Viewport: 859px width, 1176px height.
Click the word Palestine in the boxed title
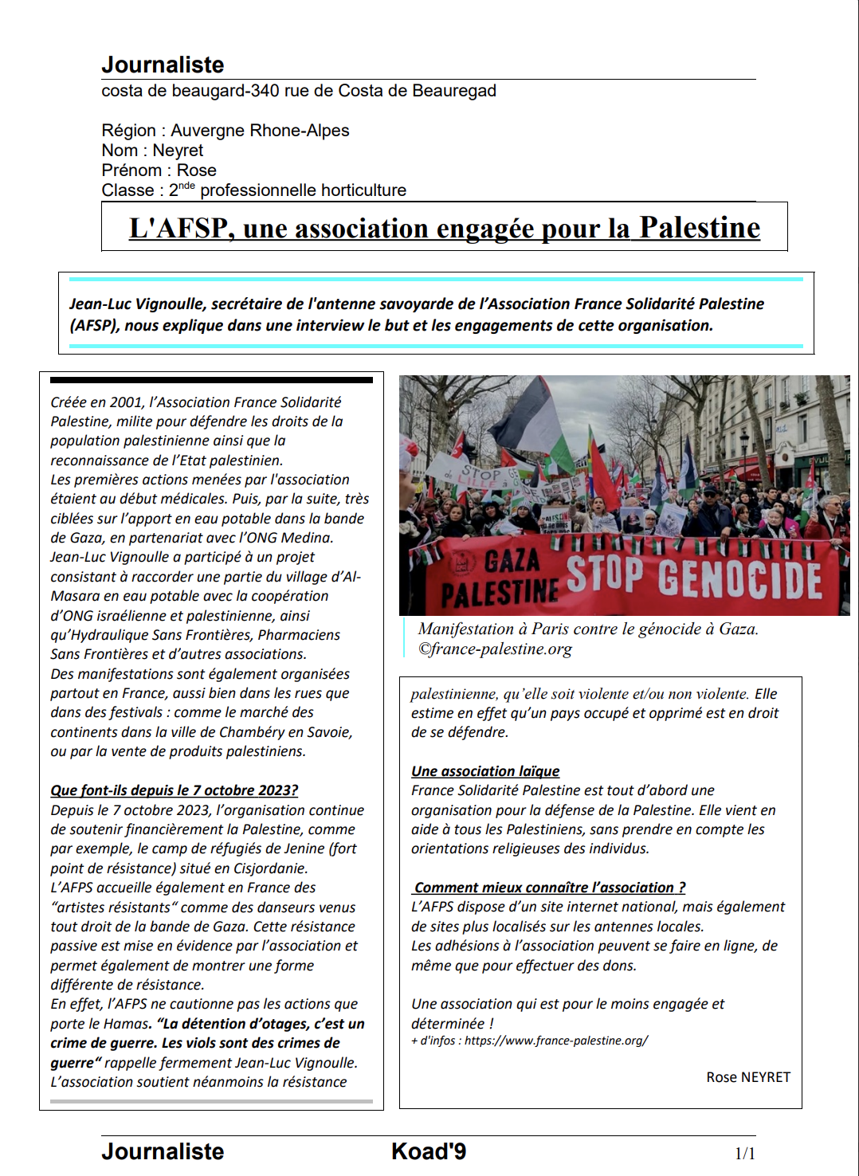(699, 228)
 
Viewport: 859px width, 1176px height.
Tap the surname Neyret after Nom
(178, 151)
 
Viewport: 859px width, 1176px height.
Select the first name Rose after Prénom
(197, 171)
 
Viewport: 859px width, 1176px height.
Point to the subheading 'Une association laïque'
(485, 771)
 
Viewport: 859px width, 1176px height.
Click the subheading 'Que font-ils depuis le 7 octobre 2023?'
(174, 790)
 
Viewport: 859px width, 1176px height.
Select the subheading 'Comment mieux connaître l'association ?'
(549, 888)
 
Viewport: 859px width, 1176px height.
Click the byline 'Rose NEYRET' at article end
(748, 1077)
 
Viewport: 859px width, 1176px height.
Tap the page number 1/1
(744, 1153)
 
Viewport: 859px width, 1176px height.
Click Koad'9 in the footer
(429, 1152)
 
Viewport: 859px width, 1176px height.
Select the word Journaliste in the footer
(163, 1152)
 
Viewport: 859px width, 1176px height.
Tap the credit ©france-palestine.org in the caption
(496, 649)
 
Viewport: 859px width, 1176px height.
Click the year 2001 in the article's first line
(127, 402)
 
